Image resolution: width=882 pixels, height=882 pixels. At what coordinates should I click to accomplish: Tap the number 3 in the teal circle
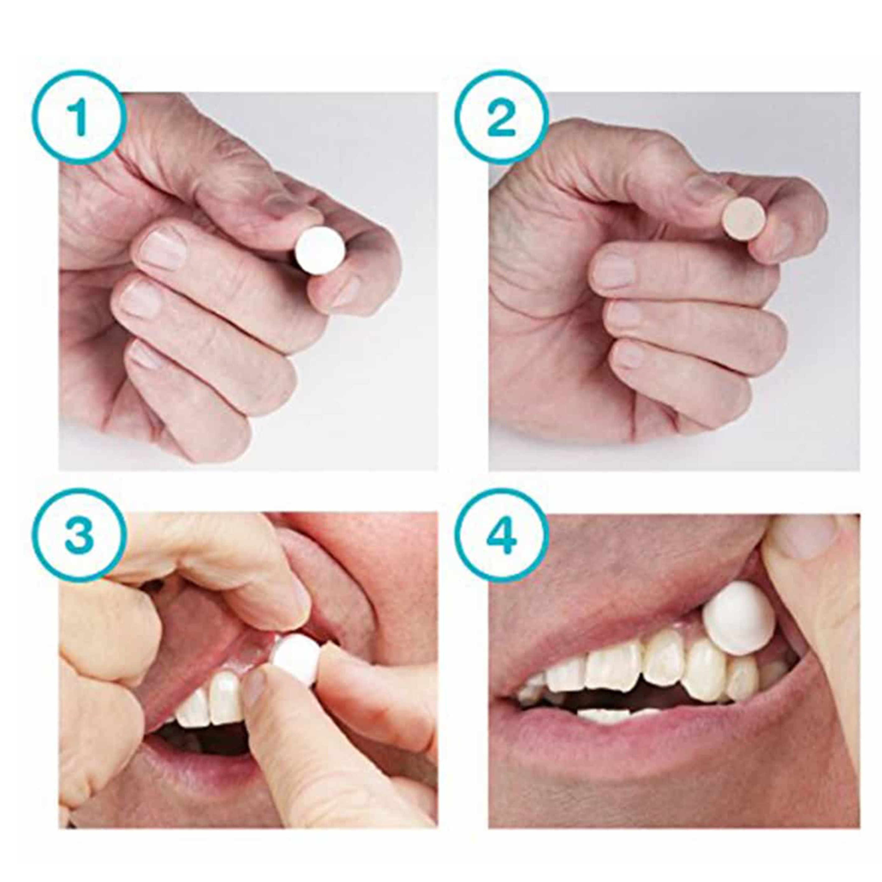[x=78, y=535]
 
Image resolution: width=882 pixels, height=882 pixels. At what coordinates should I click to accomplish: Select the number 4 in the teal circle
[x=502, y=535]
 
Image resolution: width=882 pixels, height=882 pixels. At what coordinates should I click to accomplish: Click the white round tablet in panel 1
[x=320, y=250]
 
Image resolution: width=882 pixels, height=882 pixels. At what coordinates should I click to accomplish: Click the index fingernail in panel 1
[x=163, y=249]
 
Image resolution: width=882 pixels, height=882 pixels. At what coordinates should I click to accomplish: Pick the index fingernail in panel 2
[x=614, y=270]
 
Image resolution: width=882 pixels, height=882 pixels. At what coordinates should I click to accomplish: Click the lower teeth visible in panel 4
[x=612, y=714]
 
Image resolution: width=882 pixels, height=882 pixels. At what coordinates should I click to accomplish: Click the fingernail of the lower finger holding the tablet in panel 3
[x=256, y=689]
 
